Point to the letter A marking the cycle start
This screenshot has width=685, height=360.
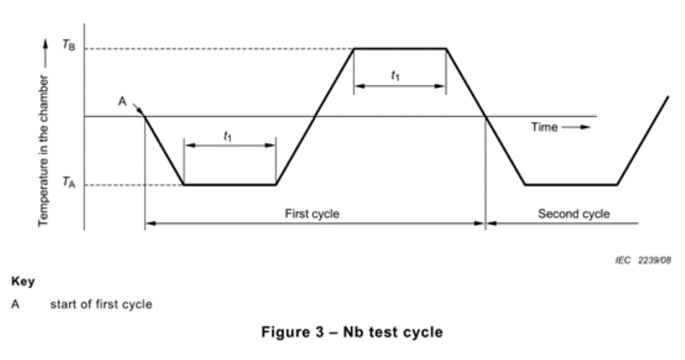click(x=122, y=102)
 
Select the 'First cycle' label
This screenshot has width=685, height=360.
click(x=312, y=214)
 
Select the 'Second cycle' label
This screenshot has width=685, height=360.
click(x=573, y=214)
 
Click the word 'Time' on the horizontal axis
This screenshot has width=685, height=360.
click(x=544, y=127)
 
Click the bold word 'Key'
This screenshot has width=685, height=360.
click(x=24, y=281)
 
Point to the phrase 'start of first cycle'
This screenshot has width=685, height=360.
click(x=101, y=304)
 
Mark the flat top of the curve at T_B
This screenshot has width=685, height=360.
click(x=399, y=48)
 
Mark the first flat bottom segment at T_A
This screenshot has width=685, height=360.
click(x=230, y=185)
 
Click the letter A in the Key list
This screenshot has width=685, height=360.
click(x=15, y=304)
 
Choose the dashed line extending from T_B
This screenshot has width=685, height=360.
click(x=216, y=48)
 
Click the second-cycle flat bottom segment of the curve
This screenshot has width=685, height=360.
click(x=571, y=185)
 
